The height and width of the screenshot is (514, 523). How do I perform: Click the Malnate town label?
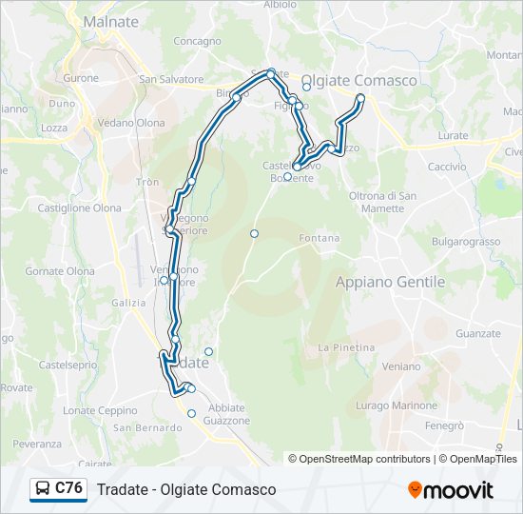pos(110,21)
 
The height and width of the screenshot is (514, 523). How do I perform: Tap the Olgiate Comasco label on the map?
pos(358,81)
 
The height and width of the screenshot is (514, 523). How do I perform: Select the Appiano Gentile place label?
pos(390,282)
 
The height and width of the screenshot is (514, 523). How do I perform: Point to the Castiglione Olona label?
pos(79,208)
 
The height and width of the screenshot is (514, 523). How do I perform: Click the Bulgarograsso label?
pos(466,242)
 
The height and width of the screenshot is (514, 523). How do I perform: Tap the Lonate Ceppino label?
pos(100,410)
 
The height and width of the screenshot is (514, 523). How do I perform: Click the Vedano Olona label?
pos(130,123)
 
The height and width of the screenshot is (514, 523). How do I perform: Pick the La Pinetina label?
pos(346,347)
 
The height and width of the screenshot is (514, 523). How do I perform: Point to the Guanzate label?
pos(477,333)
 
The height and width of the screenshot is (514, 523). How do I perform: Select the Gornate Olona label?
pos(60,271)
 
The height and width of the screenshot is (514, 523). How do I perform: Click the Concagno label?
pos(198,42)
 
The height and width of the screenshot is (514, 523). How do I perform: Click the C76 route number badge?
pos(68,488)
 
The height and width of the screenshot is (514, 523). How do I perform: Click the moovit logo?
pos(451,490)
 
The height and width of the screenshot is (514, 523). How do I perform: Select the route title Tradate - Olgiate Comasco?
pos(186,489)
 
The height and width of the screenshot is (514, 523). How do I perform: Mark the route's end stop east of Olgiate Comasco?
pos(360,98)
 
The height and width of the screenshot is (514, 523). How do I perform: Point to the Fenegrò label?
pos(444,426)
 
